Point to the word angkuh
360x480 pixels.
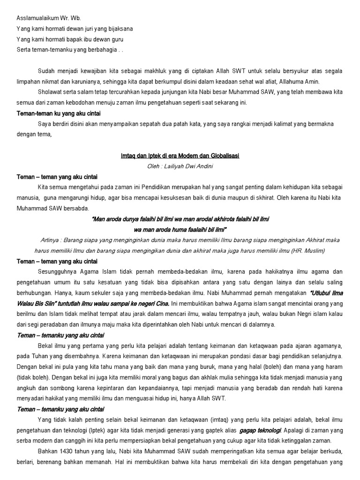26,388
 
